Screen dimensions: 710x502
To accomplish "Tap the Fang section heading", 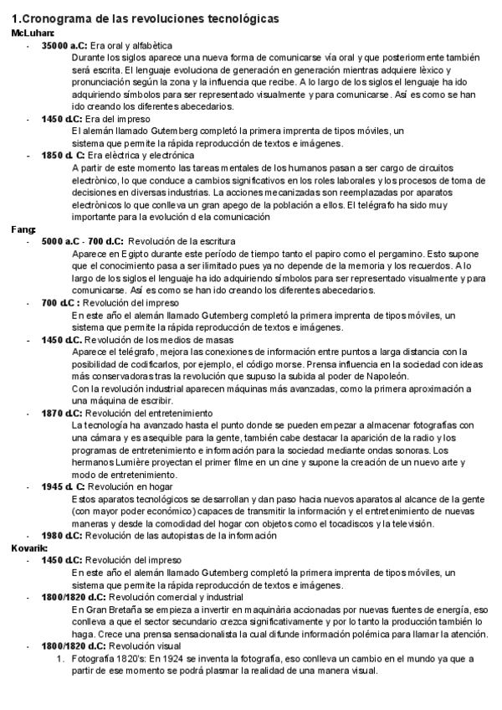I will [22, 229].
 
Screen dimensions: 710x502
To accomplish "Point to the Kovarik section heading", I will [27, 548].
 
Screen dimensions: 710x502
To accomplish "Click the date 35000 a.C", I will [64, 45].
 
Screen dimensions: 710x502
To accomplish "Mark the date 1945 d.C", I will [62, 486].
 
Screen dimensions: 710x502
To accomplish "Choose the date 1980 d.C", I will [62, 535].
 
